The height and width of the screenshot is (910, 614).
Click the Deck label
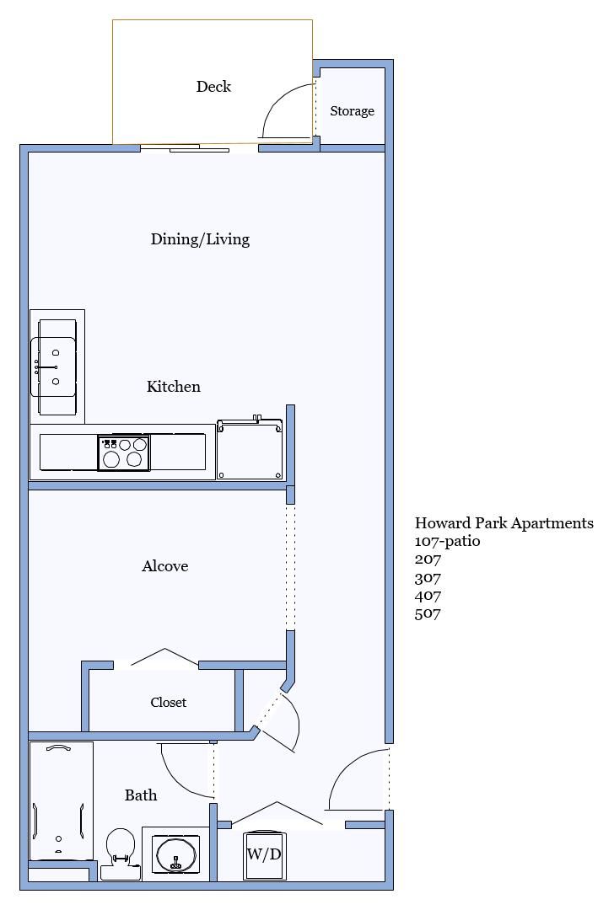tap(213, 87)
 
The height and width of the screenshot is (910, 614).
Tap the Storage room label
tap(352, 111)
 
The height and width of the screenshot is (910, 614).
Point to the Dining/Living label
tap(200, 239)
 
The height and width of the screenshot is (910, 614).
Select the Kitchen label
tap(173, 387)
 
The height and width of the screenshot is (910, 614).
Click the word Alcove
tap(165, 566)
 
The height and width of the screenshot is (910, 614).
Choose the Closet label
tap(169, 702)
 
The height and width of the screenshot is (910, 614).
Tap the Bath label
tap(141, 795)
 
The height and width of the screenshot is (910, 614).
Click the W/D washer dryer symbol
tap(265, 855)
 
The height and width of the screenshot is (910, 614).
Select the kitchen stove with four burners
tap(124, 452)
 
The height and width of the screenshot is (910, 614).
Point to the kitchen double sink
tap(53, 367)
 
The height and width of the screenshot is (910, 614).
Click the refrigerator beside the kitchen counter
tap(250, 447)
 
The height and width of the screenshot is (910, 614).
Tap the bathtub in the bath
tap(61, 801)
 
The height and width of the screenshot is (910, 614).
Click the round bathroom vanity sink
tap(175, 854)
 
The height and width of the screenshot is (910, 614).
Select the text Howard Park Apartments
tap(504, 523)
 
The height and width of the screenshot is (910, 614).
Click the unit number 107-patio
tap(447, 542)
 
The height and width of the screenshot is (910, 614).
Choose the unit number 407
tap(428, 596)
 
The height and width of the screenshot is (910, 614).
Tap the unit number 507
tap(428, 613)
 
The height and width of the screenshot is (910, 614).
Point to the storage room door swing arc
tap(277, 97)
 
